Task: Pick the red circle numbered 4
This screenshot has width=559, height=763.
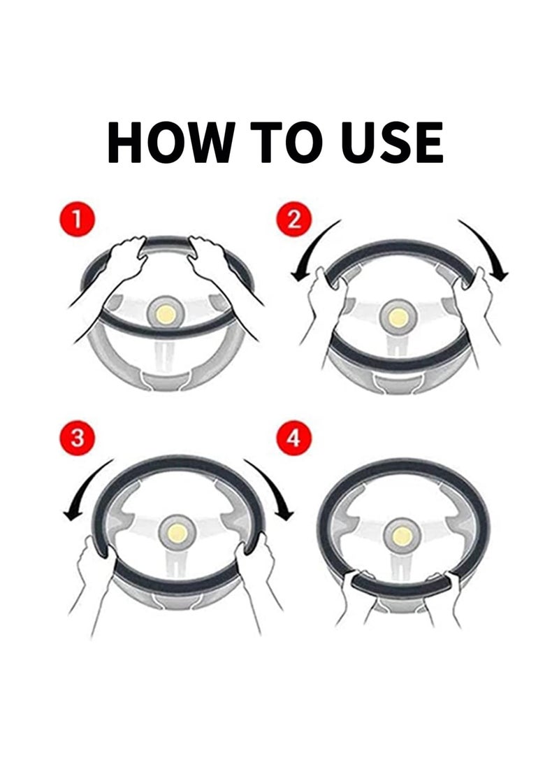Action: [x=293, y=438]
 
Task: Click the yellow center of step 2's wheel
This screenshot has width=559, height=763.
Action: [x=398, y=318]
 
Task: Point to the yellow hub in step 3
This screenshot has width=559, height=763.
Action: [x=177, y=533]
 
